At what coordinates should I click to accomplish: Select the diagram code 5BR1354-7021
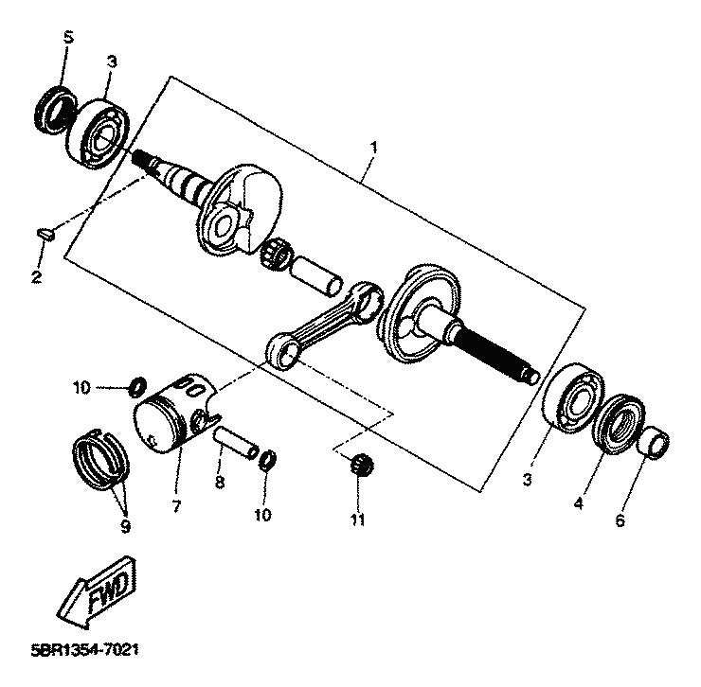click(84, 650)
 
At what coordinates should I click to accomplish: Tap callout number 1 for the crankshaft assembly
click(373, 148)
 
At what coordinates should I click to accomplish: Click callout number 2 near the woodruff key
click(36, 277)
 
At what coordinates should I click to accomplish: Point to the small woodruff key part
click(45, 234)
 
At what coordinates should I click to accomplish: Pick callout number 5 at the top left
click(68, 37)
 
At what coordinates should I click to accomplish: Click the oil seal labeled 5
click(56, 110)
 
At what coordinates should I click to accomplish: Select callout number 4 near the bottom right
click(578, 503)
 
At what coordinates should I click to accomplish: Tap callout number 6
click(620, 520)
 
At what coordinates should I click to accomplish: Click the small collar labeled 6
click(654, 442)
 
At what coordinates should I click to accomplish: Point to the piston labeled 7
click(176, 414)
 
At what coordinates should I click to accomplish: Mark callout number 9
click(126, 527)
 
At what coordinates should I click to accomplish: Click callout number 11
click(357, 520)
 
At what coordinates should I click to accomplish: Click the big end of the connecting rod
click(368, 300)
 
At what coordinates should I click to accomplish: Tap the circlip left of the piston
click(137, 386)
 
